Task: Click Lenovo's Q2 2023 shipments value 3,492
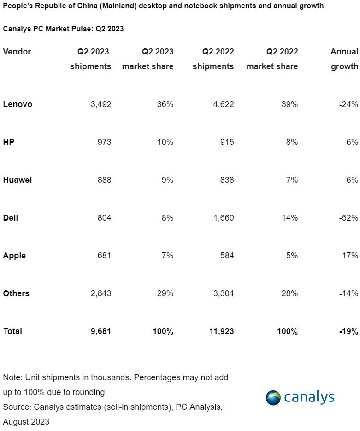(101, 104)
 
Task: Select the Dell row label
(11, 218)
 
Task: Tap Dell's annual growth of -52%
(348, 218)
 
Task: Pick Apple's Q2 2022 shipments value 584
(226, 256)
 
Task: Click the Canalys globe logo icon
(273, 398)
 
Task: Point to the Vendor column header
(17, 52)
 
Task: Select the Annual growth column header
(344, 59)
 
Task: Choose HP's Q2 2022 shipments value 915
(226, 142)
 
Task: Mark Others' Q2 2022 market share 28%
(290, 293)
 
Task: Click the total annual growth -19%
(348, 331)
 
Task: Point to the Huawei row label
(17, 180)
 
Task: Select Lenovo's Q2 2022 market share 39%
(290, 104)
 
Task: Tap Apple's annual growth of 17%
(350, 256)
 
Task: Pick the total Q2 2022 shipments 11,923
(221, 331)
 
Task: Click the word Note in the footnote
(11, 377)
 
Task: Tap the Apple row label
(14, 256)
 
